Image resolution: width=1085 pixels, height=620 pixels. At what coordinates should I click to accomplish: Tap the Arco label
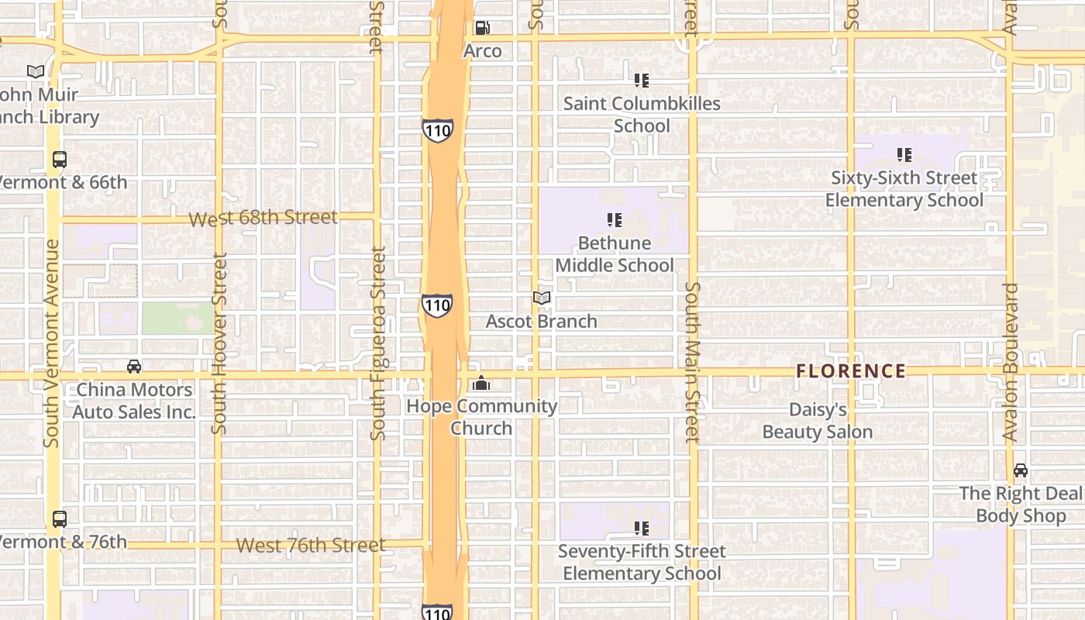tap(483, 51)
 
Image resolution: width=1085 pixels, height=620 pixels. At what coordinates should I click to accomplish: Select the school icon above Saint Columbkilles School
tap(641, 80)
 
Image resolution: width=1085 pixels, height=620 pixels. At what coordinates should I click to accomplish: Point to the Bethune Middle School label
tap(615, 254)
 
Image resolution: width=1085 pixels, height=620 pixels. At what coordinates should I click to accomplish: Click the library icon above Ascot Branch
tap(542, 298)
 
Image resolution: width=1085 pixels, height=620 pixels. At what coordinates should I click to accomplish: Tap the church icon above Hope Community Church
tap(481, 383)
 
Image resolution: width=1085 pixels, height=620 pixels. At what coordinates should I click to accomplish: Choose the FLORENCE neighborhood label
tap(851, 371)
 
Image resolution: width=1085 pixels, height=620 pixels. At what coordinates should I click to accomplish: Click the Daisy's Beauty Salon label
tap(818, 421)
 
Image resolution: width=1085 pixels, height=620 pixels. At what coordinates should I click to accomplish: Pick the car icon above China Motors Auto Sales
tap(134, 366)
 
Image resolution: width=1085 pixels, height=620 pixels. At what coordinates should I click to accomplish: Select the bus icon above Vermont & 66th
tap(60, 160)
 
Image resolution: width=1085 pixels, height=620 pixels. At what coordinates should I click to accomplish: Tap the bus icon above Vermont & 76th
tap(60, 519)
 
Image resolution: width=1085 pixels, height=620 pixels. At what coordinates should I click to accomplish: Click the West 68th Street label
tap(263, 219)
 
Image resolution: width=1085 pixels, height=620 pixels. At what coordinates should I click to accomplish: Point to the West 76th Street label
tap(310, 545)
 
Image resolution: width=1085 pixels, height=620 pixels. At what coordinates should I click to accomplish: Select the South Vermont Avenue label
tap(52, 343)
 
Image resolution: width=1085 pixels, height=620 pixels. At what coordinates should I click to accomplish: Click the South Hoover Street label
tap(219, 343)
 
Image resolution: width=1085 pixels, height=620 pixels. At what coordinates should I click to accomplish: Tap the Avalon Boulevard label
tap(1010, 362)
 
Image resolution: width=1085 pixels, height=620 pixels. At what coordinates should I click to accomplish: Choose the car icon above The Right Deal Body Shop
tap(1021, 470)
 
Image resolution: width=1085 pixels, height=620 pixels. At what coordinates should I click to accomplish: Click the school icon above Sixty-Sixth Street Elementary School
tap(904, 155)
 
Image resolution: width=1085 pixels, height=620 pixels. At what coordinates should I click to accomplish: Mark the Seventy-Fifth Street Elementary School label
tap(642, 563)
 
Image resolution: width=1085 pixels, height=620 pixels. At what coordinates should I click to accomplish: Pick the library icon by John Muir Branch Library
tap(36, 71)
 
